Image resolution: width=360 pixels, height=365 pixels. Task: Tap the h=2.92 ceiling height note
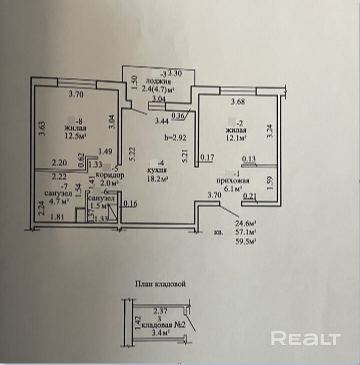coord(175,137)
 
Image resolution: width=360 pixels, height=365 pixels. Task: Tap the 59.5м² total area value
coord(245,241)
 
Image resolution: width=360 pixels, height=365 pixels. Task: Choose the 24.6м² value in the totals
coord(245,223)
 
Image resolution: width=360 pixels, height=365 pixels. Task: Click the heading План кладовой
coord(160,283)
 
